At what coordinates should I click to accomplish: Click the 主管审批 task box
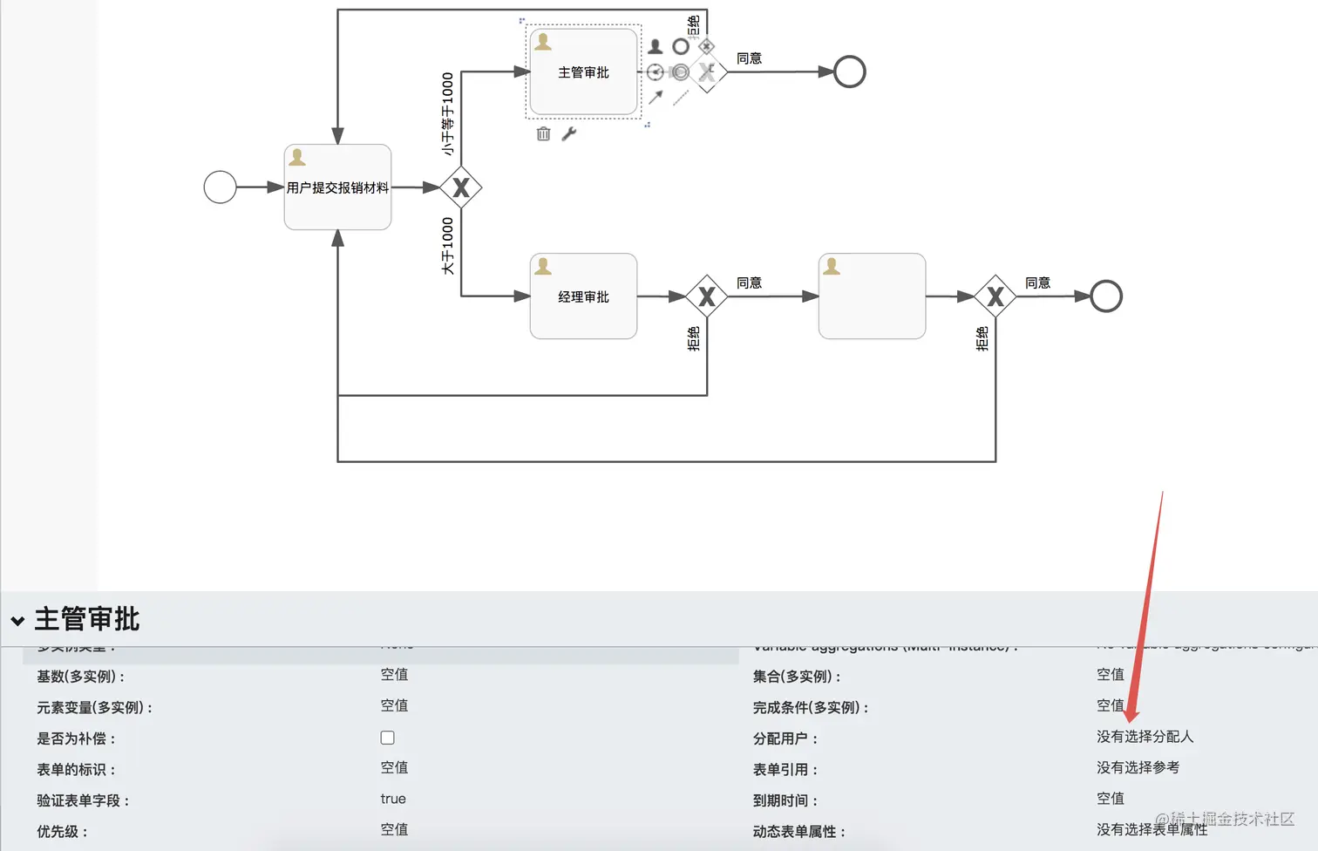(583, 72)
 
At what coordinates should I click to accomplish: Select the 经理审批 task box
(583, 296)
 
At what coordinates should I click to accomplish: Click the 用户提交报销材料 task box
(337, 187)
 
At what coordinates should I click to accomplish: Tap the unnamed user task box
(872, 296)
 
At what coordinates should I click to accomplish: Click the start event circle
(220, 187)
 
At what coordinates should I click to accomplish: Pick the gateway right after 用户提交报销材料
(461, 187)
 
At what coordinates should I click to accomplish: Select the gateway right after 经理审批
(707, 296)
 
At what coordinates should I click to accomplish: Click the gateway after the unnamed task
(995, 296)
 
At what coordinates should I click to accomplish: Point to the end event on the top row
(849, 71)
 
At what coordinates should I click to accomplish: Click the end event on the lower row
(1106, 296)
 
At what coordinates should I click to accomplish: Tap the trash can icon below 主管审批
(543, 133)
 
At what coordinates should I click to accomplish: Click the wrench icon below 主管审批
(569, 133)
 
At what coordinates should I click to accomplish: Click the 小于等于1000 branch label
(448, 113)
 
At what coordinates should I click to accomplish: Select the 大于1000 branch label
(448, 246)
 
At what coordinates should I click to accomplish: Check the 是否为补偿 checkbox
(388, 738)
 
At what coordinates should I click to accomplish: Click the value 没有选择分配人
(1145, 737)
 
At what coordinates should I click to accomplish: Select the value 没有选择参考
(1138, 767)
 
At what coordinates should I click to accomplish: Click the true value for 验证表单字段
(393, 799)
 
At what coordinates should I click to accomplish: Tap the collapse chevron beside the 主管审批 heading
(17, 621)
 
